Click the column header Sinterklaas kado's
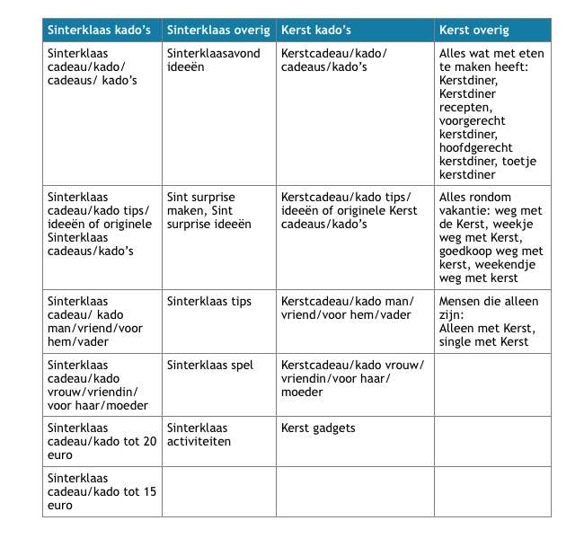tap(99, 30)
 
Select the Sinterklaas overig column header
tap(218, 30)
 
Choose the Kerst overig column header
tap(474, 30)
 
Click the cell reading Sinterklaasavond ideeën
tap(214, 60)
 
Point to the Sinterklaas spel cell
tap(210, 366)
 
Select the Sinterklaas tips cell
tap(209, 302)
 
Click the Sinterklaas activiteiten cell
tap(199, 435)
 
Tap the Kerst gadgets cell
tap(318, 428)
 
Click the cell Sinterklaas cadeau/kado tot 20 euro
tap(102, 435)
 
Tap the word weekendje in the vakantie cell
tap(507, 265)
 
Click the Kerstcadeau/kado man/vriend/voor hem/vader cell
tap(346, 308)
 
